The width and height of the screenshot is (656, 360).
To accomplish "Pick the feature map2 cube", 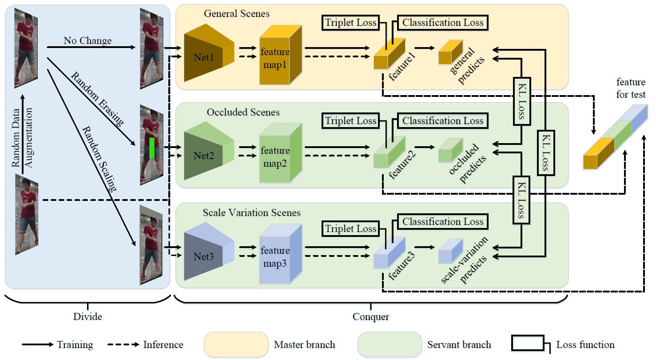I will pos(275,156).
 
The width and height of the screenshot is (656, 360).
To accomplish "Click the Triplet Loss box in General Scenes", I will pos(350,23).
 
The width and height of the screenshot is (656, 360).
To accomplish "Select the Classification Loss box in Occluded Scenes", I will pos(442,121).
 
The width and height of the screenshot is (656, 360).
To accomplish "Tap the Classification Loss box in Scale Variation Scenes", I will pos(442,221).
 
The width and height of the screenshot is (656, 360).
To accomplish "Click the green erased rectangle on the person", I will pos(152,148).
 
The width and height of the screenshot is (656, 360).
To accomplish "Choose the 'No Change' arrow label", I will pos(87,41).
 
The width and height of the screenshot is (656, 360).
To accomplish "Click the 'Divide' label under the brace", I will pos(87,317).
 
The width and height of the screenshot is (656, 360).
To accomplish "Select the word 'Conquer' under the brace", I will pos(370,317).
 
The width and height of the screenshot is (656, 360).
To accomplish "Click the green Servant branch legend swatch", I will pos(389,344).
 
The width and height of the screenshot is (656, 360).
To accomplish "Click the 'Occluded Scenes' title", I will pos(243,112).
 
